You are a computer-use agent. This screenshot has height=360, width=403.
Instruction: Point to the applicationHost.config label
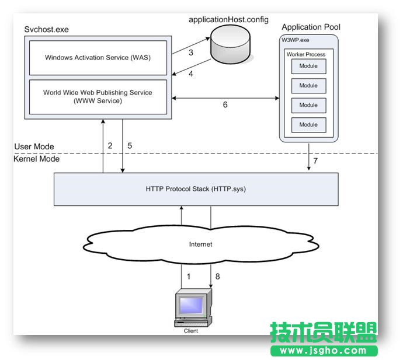tap(228, 19)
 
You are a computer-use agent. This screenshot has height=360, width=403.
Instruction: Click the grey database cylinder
tap(232, 46)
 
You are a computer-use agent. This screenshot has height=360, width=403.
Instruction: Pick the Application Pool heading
tap(311, 27)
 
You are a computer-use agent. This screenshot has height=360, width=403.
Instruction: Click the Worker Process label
tap(305, 54)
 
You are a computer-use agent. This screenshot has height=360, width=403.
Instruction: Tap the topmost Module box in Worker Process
tap(308, 67)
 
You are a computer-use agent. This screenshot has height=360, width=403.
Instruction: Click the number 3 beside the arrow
tap(190, 53)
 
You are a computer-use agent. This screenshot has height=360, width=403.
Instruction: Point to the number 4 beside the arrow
tap(190, 74)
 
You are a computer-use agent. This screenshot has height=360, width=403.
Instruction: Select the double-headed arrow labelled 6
tap(224, 98)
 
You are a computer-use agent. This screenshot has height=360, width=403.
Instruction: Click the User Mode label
tap(33, 146)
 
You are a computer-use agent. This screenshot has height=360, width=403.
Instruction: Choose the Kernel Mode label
tap(36, 158)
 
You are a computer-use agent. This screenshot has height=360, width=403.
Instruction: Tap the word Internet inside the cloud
tap(200, 244)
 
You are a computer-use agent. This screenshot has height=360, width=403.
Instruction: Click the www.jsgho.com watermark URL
tap(324, 351)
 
